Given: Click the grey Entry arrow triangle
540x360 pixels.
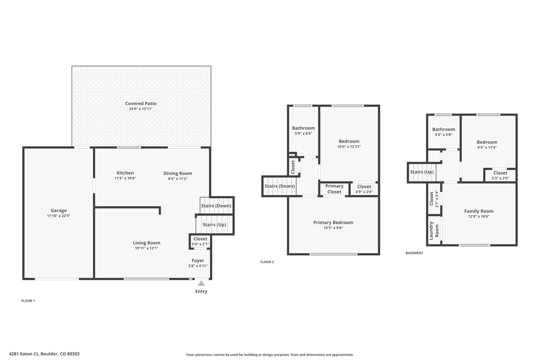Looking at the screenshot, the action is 201,283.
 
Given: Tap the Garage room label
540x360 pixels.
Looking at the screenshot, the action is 59,210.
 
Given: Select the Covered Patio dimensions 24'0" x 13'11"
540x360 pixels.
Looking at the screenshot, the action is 141,109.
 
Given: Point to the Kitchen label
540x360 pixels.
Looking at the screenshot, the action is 125,173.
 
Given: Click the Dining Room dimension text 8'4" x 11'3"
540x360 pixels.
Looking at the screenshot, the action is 178,179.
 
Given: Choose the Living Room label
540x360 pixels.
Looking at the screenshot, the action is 147,243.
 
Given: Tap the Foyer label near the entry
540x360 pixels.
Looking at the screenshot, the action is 198,261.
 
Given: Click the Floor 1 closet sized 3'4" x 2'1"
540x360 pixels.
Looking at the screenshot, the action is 200,241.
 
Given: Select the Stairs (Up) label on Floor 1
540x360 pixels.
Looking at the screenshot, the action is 214,225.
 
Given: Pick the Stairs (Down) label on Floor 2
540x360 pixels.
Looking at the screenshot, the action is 280,186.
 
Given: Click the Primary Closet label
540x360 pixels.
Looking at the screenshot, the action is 334,189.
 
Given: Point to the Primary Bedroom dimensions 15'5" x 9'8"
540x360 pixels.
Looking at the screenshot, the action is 333,228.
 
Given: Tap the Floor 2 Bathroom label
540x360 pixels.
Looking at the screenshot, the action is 303,128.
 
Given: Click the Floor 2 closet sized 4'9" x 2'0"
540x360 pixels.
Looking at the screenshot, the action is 364,189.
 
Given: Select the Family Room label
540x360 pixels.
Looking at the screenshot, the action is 479,211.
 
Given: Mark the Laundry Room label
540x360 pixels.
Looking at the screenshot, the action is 434,231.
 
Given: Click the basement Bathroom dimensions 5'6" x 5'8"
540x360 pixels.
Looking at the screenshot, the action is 443,135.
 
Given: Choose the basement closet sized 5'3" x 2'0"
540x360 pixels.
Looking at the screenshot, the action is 500,175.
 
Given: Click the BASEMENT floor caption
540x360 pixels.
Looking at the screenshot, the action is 414,253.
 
